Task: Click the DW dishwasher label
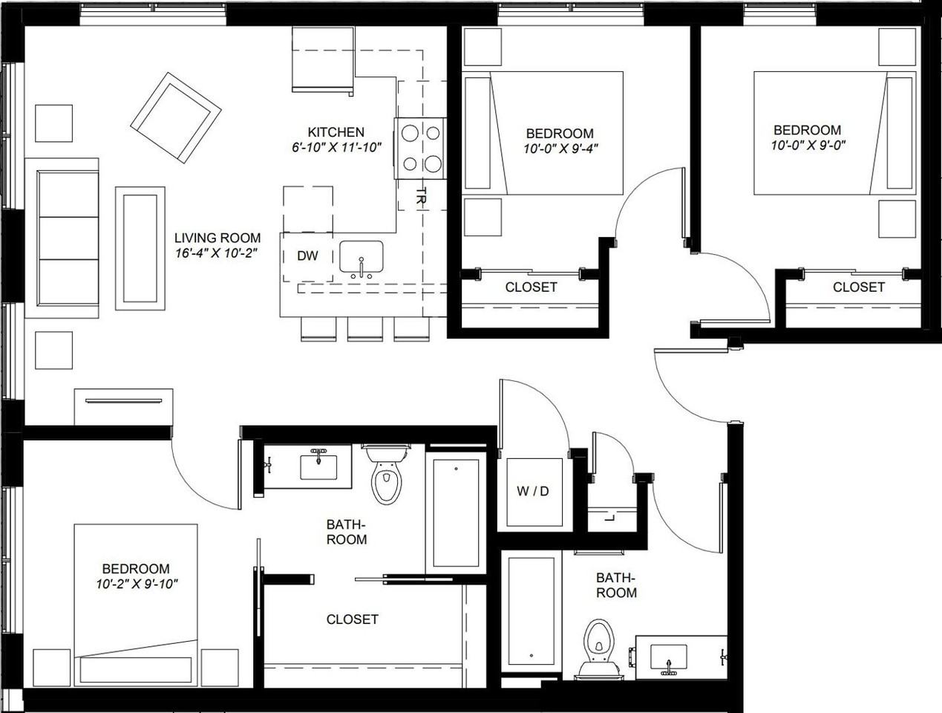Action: tap(307, 256)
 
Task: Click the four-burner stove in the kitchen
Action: tap(420, 149)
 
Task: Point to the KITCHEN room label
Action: tap(336, 132)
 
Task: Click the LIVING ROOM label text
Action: tap(217, 238)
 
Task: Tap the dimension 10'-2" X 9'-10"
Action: tap(137, 584)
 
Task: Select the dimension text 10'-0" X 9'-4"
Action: tap(560, 148)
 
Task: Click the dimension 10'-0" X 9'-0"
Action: tap(807, 145)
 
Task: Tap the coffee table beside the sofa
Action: tap(140, 248)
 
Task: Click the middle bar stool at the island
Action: tap(365, 328)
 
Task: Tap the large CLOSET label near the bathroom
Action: tap(352, 619)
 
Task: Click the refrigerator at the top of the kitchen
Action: tap(322, 59)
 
